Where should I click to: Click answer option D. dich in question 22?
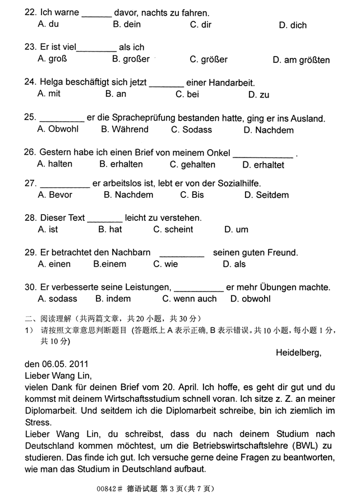click(293, 25)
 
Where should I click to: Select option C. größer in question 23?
click(209, 59)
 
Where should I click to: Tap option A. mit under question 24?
click(49, 94)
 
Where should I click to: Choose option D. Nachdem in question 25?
click(269, 130)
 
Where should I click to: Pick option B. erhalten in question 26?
click(121, 164)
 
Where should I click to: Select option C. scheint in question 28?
click(173, 229)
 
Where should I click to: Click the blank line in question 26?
click(263, 155)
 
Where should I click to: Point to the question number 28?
click(30, 218)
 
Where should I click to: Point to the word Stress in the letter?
click(38, 423)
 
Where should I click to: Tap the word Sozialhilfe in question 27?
click(234, 183)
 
